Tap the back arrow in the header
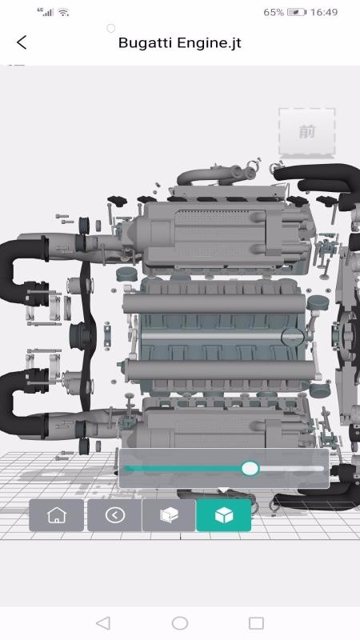(x=22, y=42)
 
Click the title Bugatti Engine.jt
(x=179, y=43)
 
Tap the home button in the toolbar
(x=57, y=515)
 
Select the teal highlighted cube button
(x=224, y=515)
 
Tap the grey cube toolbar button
(x=168, y=515)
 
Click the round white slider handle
(x=250, y=468)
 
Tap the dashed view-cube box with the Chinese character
(x=306, y=132)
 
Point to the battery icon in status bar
(x=297, y=13)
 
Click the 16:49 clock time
(x=324, y=13)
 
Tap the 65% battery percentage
(x=273, y=13)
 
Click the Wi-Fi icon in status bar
(x=63, y=13)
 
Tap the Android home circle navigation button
(x=180, y=623)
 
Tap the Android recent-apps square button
(x=256, y=623)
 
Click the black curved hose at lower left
(x=16, y=396)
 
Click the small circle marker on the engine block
(x=293, y=337)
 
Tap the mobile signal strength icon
(x=46, y=13)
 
